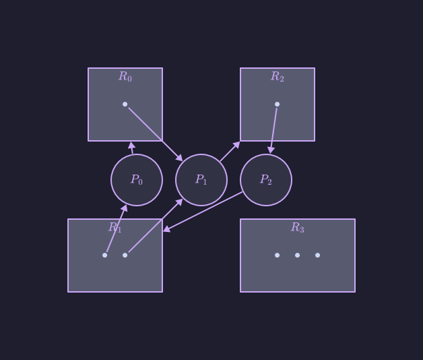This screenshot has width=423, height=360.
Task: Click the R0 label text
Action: [x=125, y=77]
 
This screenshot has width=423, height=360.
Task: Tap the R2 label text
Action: [x=278, y=77]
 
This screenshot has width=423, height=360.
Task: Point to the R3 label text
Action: [x=298, y=228]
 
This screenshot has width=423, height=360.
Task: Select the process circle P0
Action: [x=137, y=180]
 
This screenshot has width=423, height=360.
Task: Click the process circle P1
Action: [x=201, y=180]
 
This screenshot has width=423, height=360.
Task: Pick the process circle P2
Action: [x=266, y=180]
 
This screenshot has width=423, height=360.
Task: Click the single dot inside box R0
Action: [x=125, y=104]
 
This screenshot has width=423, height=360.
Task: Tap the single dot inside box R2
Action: [x=277, y=104]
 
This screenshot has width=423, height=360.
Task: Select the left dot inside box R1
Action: [x=104, y=255]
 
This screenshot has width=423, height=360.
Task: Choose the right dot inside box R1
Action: [x=125, y=255]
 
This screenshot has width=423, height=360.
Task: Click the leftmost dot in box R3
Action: [x=277, y=255]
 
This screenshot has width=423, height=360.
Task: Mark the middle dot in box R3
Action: [x=297, y=255]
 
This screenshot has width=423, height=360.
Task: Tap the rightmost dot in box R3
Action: [x=317, y=255]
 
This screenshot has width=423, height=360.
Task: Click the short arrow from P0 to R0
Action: [x=132, y=148]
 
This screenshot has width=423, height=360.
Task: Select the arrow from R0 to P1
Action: [x=155, y=133]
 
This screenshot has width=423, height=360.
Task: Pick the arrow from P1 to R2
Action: [x=230, y=152]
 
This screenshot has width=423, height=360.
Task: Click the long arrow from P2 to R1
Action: [x=203, y=212]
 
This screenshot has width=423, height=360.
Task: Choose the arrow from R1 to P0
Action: [x=116, y=229]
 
